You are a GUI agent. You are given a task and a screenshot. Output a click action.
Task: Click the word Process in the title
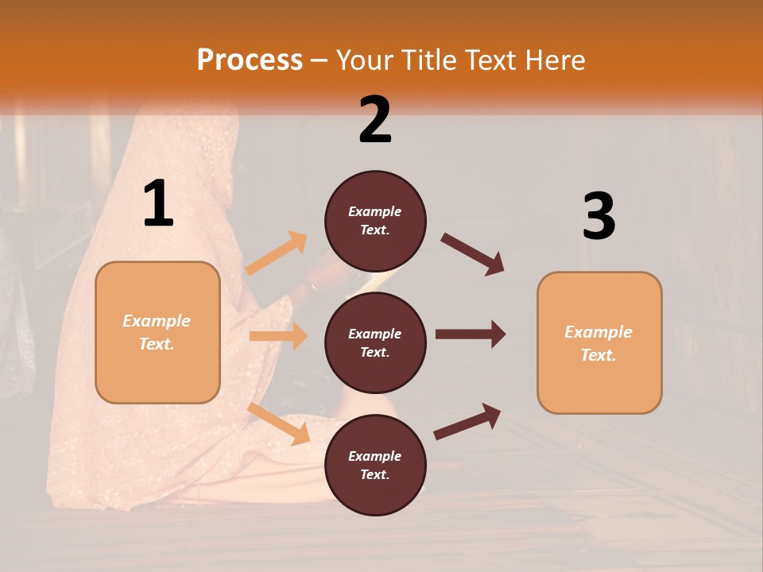click(250, 60)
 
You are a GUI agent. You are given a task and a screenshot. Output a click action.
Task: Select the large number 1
click(158, 204)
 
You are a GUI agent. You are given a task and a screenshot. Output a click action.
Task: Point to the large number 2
click(375, 120)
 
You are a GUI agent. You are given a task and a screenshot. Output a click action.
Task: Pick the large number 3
click(598, 216)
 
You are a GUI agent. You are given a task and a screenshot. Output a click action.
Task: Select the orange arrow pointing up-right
click(277, 253)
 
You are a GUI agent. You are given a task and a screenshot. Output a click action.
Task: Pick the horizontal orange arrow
click(278, 336)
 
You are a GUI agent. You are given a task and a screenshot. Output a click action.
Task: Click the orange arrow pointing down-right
click(278, 423)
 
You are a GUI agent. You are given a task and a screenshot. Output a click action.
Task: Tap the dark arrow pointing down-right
click(473, 254)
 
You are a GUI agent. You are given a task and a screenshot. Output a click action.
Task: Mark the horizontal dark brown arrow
click(470, 334)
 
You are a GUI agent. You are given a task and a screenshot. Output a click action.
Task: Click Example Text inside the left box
click(157, 332)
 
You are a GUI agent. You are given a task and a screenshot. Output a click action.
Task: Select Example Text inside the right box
click(598, 343)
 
